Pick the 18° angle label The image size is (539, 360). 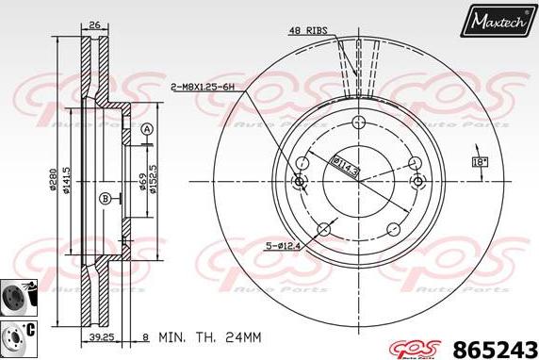(481, 162)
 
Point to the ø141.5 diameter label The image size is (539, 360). (68, 180)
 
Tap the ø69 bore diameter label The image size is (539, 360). (142, 180)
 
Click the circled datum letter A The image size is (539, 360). (147, 129)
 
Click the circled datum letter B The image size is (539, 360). (106, 197)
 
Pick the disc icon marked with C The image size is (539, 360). (18, 335)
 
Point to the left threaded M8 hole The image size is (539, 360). (301, 181)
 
